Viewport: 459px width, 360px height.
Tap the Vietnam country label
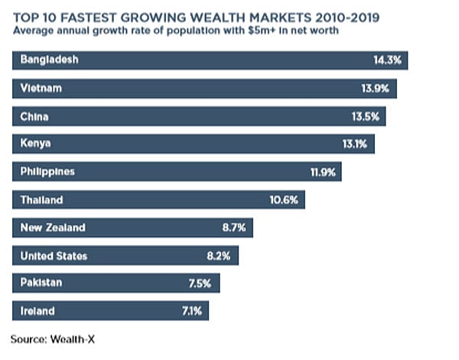click(41, 88)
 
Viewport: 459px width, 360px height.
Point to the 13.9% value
click(375, 88)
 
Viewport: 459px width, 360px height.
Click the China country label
click(35, 116)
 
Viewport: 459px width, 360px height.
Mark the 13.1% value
click(354, 144)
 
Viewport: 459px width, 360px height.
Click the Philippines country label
click(47, 172)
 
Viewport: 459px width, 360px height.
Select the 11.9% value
click(323, 172)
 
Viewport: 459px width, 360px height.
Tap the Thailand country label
click(43, 200)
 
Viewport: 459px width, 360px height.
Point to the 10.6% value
click(288, 200)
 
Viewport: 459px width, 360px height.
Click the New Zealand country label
click(53, 228)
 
